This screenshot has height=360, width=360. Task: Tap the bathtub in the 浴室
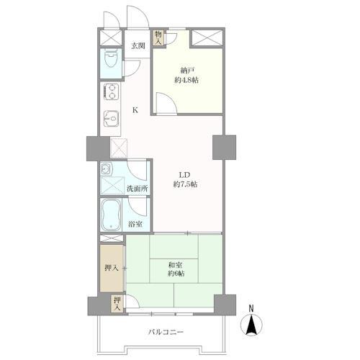[x=111, y=215]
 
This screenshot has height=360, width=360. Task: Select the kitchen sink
[x=111, y=118]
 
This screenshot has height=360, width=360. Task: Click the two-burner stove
[x=112, y=91]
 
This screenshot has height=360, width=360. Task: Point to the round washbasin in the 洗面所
[x=106, y=169]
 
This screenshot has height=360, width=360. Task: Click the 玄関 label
[x=138, y=46]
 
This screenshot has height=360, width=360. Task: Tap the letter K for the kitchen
[x=135, y=110]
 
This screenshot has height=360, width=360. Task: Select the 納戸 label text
[x=187, y=71]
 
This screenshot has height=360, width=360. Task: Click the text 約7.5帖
[x=185, y=184]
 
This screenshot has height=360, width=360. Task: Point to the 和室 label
[x=175, y=265]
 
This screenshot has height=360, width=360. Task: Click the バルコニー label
[x=166, y=332]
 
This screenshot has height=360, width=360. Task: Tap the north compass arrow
[x=251, y=325]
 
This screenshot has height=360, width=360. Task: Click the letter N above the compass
[x=251, y=308]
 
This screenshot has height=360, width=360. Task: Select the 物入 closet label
[x=158, y=37]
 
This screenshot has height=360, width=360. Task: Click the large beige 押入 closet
[x=112, y=268]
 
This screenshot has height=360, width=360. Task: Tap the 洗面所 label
[x=137, y=189]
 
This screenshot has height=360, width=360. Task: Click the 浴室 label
[x=135, y=225]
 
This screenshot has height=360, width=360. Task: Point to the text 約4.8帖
[x=186, y=80]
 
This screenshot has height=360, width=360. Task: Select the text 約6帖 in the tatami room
[x=176, y=274]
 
